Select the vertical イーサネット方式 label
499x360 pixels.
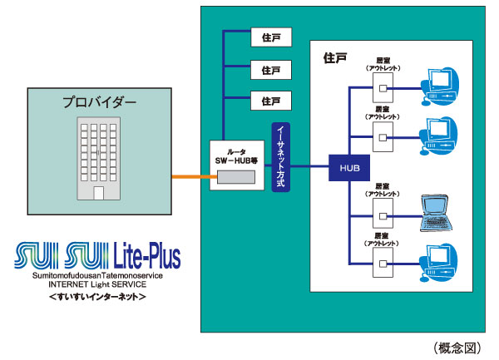click(x=280, y=157)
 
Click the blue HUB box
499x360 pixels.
click(x=347, y=166)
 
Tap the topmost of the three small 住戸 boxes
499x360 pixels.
click(x=271, y=37)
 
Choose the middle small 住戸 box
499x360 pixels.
click(x=271, y=69)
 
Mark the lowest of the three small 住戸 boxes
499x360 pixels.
click(x=271, y=101)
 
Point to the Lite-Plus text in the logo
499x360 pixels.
click(x=141, y=253)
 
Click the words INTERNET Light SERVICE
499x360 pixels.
click(x=97, y=284)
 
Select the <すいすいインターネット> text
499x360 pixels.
click(x=97, y=297)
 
